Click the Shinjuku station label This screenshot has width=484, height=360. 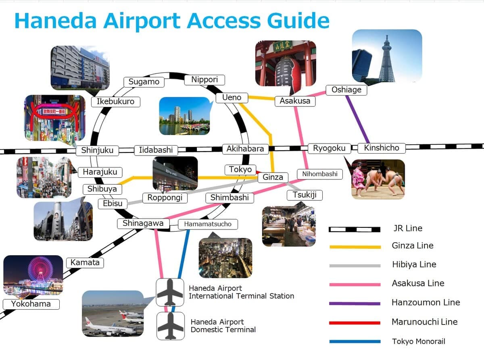coord(97,150)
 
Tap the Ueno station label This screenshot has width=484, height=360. coord(232,98)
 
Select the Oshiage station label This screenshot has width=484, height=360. coord(346,90)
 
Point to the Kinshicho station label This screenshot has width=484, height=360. coord(382,148)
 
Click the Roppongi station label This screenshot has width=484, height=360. coord(165,198)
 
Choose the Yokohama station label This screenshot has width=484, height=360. coord(31,304)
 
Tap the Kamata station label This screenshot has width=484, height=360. coord(85,262)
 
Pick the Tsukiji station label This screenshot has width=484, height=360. coord(305,195)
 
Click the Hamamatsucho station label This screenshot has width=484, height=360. coord(208,224)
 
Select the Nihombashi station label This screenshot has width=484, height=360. coord(320,174)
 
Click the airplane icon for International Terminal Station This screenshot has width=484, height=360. coord(170,292)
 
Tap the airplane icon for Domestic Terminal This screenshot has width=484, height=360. coord(171,326)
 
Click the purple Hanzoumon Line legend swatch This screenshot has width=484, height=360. coord(355,304)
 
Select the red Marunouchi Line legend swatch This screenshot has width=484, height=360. coord(355,323)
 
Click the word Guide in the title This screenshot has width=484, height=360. coord(298,21)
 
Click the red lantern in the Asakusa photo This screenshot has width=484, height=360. coord(288,72)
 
